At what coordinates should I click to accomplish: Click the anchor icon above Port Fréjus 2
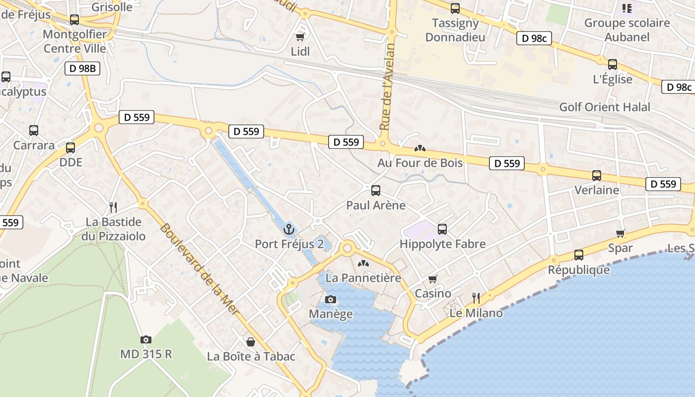coord(288,229)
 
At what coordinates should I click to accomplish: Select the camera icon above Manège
coord(331,299)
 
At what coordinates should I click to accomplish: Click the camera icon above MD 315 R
coord(145,339)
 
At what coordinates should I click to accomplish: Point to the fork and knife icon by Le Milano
coord(476,298)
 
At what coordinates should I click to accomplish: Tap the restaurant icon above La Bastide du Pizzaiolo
coord(113,207)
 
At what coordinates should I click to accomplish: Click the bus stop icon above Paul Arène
coord(376,191)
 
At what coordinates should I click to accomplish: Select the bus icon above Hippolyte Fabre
coord(442,229)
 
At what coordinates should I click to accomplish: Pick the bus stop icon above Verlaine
coord(597,175)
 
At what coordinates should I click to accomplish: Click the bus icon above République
coord(579,255)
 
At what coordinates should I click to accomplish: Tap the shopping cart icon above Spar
coord(620,233)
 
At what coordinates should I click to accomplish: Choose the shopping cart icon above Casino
coord(433,279)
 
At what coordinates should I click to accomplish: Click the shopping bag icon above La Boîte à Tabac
coord(251,342)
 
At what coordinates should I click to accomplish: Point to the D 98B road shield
coord(82,68)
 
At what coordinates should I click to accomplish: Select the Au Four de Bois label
coord(420,163)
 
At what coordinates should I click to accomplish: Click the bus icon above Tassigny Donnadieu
coord(455,8)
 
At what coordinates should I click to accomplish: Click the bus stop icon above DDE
coord(70,148)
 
